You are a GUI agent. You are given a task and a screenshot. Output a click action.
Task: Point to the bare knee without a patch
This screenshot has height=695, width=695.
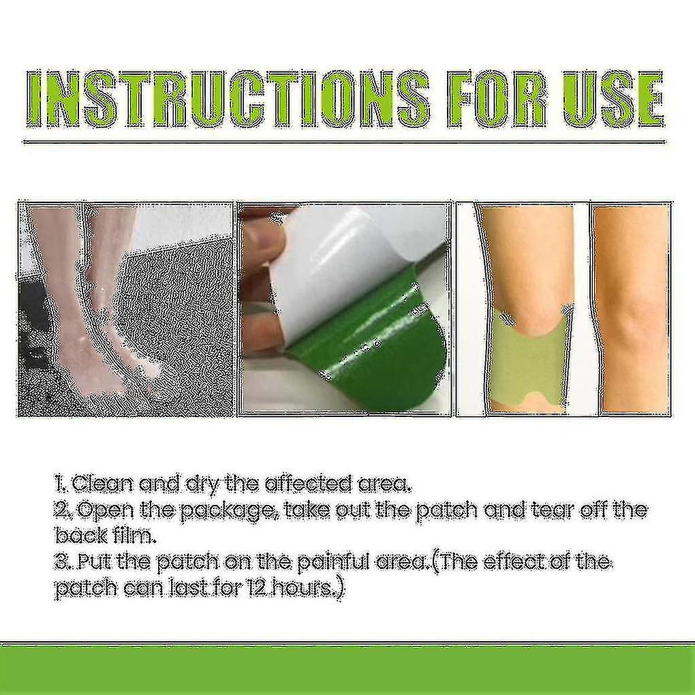coord(630,307)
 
